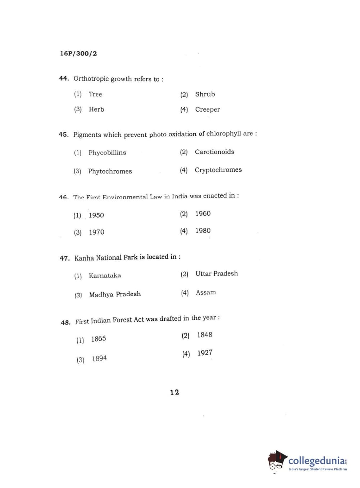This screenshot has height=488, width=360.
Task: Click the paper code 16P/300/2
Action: tap(78, 54)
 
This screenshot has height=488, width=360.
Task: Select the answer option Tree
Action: tap(95, 94)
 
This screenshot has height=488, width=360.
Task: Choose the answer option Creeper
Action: tap(207, 109)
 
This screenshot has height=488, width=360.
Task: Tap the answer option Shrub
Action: tap(205, 94)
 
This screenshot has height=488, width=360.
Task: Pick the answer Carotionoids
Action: tap(214, 152)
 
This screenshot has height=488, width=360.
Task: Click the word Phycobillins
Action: tap(107, 153)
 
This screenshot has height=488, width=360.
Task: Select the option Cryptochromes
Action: tap(218, 170)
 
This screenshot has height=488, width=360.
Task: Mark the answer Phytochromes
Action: tap(110, 171)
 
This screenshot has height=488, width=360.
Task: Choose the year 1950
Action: tap(96, 215)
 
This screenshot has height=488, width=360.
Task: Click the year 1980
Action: tap(203, 231)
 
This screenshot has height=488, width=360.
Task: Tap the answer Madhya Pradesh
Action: tap(115, 294)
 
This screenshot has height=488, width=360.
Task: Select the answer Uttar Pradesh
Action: tap(217, 274)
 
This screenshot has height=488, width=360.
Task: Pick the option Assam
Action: tap(206, 293)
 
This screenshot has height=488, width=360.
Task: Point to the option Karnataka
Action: tap(105, 276)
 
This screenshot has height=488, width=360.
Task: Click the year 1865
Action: tap(98, 339)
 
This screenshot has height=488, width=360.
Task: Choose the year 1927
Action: tap(205, 353)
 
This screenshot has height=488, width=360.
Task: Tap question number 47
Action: tap(65, 258)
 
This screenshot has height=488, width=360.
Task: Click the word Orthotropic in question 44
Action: tap(91, 78)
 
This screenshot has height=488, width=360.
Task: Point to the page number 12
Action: tap(174, 392)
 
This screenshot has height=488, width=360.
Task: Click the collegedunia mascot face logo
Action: tap(276, 461)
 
